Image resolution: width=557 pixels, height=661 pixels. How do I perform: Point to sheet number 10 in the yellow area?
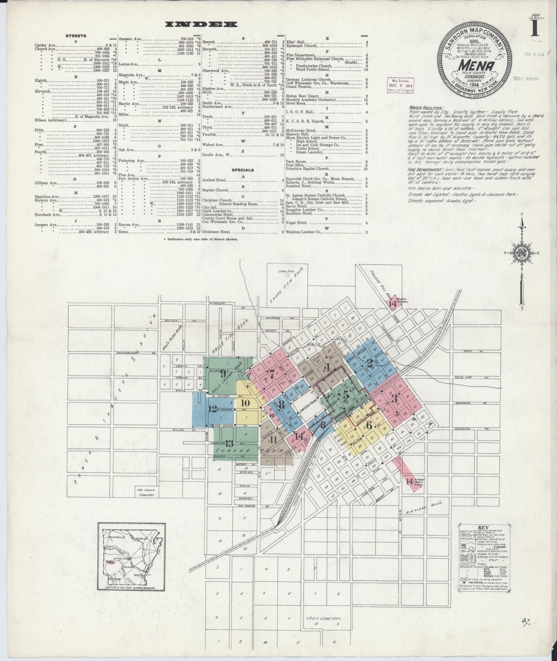click(246, 403)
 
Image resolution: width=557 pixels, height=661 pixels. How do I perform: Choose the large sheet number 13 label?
click(230, 443)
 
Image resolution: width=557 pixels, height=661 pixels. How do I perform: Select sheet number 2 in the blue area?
click(369, 363)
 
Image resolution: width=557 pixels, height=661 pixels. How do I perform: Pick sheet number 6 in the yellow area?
click(369, 426)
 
